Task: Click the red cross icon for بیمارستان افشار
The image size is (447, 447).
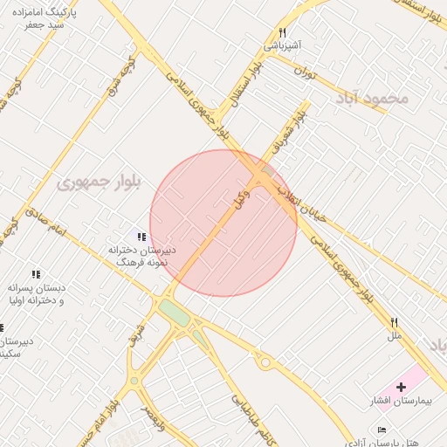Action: pyautogui.click(x=401, y=387)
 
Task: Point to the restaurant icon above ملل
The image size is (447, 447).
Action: pyautogui.click(x=394, y=322)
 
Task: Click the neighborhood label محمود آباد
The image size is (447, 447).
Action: pyautogui.click(x=370, y=98)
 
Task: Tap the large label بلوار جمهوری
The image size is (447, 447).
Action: pyautogui.click(x=97, y=182)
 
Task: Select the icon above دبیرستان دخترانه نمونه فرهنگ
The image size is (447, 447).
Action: pyautogui.click(x=141, y=237)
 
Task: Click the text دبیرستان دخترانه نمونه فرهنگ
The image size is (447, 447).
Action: pyautogui.click(x=141, y=255)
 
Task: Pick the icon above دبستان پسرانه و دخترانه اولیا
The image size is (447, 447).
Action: pyautogui.click(x=36, y=274)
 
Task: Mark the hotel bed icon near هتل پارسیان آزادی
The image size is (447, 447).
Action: pyautogui.click(x=381, y=430)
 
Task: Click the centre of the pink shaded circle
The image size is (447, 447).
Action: pyautogui.click(x=223, y=223)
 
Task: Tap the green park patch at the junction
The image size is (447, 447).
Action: pyautogui.click(x=174, y=313)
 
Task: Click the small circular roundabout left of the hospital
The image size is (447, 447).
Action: pyautogui.click(x=265, y=362)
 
